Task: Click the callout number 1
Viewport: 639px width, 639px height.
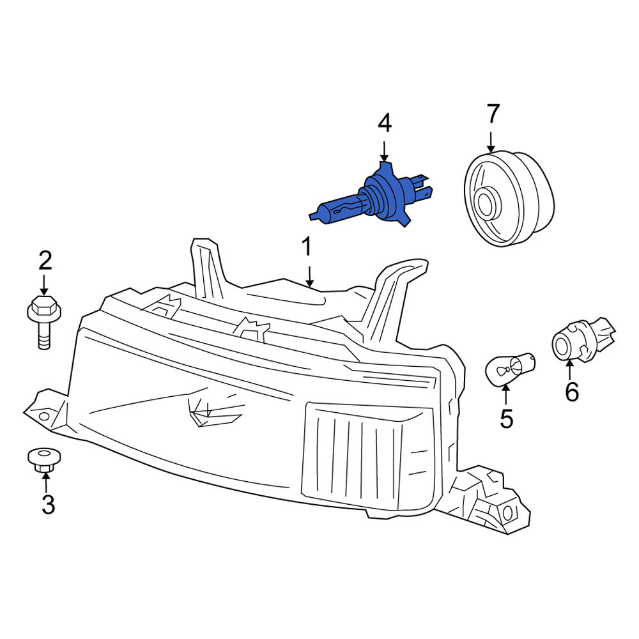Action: [307, 246]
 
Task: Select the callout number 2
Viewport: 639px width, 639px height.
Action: [45, 261]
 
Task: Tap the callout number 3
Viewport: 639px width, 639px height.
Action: [48, 504]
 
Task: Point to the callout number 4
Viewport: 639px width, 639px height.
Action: [385, 123]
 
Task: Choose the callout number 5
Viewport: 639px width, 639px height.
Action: [507, 419]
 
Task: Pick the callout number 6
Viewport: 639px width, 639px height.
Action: [572, 392]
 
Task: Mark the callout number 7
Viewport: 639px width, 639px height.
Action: [493, 114]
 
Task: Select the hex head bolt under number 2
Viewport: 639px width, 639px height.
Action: [44, 321]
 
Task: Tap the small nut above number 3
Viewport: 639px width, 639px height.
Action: [45, 460]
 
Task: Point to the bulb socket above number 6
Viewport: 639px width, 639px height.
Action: [583, 339]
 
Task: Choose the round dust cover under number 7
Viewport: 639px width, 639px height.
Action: [509, 199]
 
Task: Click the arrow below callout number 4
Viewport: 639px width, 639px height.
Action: [384, 151]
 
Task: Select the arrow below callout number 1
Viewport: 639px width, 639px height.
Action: [310, 277]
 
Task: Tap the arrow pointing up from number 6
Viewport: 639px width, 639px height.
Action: [569, 369]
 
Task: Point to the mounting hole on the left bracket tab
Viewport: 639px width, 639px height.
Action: [45, 417]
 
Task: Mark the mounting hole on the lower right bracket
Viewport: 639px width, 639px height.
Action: [508, 513]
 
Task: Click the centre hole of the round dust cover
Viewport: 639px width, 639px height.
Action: [486, 204]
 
